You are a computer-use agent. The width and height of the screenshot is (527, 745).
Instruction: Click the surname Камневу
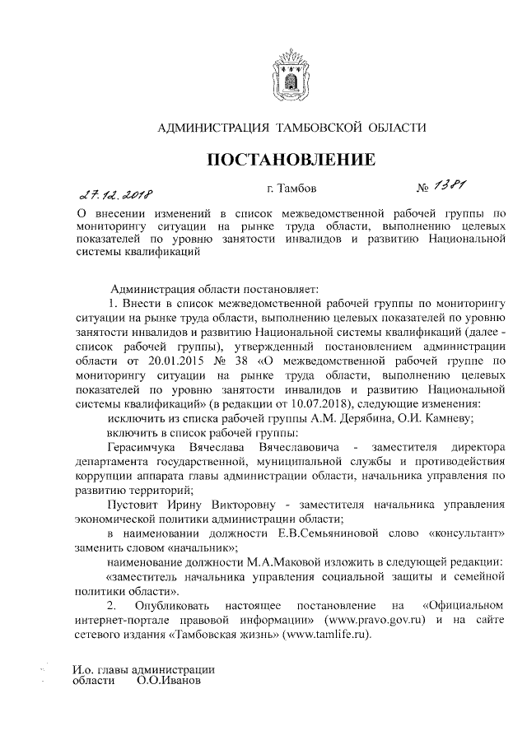(443, 418)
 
